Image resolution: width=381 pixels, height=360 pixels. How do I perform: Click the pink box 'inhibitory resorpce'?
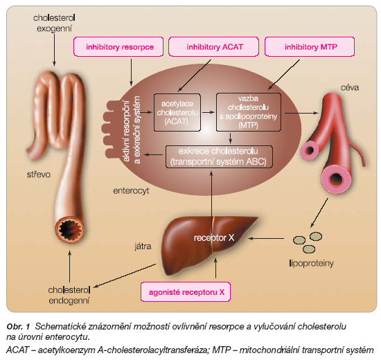point(118,46)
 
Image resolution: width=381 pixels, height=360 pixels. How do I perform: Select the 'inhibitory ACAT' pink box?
point(213,46)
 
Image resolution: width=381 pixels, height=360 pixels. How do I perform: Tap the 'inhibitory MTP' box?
point(310,46)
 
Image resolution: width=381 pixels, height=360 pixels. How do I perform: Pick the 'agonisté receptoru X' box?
point(186,291)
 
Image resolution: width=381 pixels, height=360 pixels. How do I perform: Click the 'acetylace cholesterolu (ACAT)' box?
point(177,112)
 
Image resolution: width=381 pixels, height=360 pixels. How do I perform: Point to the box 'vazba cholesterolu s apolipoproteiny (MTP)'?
point(248,112)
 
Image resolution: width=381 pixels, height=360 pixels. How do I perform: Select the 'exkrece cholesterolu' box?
point(219,156)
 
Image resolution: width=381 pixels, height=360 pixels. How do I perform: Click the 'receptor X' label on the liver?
point(214,237)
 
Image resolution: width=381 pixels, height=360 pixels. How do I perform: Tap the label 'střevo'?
point(38,174)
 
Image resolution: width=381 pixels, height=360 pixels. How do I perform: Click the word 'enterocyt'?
point(131,190)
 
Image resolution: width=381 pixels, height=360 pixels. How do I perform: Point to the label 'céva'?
point(350,87)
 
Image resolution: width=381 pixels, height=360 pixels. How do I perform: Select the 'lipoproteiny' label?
point(312,263)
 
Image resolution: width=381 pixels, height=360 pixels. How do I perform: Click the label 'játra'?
point(143,246)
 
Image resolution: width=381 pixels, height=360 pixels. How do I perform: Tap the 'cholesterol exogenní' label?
point(54,23)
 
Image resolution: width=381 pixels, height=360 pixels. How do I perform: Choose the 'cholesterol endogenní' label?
point(69,295)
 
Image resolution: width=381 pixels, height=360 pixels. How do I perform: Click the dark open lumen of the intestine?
point(70,229)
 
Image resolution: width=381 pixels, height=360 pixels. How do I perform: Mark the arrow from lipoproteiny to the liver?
point(266,239)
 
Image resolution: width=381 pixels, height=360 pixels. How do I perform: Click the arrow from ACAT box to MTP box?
point(209,112)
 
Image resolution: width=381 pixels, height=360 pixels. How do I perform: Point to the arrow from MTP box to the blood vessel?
point(301,113)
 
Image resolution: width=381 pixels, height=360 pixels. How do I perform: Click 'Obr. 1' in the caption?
point(18,327)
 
